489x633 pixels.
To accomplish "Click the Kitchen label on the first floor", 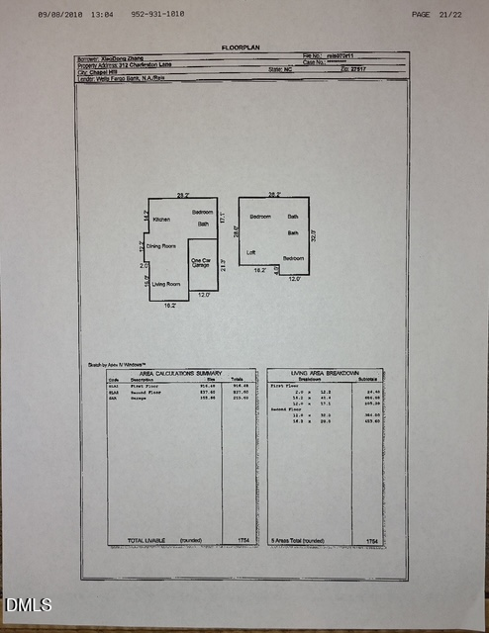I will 161,220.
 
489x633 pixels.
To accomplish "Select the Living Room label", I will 166,284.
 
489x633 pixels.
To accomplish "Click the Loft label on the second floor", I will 251,252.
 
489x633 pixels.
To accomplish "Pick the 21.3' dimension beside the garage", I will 225,265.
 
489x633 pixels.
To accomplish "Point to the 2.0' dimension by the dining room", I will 144,265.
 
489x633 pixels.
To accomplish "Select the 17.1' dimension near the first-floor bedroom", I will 222,217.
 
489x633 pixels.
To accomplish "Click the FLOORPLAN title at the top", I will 243,46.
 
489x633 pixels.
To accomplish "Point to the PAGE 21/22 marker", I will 435,15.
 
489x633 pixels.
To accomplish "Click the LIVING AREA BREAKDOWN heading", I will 324,371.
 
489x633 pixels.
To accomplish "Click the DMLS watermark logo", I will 29,604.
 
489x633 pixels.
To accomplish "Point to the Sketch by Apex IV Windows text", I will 112,364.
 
